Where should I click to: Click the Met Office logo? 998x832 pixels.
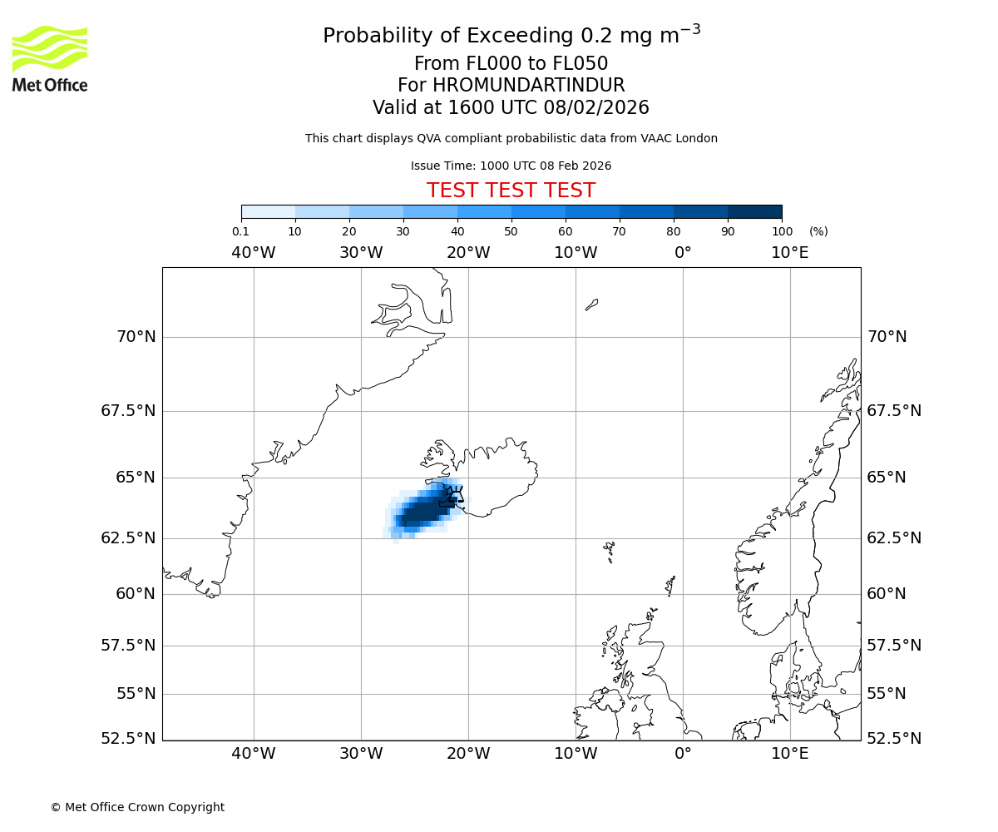[50, 58]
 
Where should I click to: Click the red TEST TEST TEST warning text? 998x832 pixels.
[511, 191]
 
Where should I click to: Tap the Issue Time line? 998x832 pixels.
[511, 166]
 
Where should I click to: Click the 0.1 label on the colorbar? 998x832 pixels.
[240, 231]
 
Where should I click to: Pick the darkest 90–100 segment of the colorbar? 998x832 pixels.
[754, 211]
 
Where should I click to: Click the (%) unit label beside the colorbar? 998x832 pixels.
[818, 231]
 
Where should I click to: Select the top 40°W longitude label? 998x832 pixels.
[253, 253]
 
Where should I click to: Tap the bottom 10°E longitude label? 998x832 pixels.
[789, 754]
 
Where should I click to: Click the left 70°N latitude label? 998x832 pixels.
[135, 337]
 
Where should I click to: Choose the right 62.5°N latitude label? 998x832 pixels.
[894, 538]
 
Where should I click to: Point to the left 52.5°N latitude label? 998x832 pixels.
[128, 739]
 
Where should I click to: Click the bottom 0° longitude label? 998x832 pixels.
[683, 754]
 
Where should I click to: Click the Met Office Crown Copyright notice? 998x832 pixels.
[137, 807]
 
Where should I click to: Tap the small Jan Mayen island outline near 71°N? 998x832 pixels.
[591, 305]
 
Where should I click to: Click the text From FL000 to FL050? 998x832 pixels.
[511, 64]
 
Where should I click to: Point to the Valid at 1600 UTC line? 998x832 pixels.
[511, 108]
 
